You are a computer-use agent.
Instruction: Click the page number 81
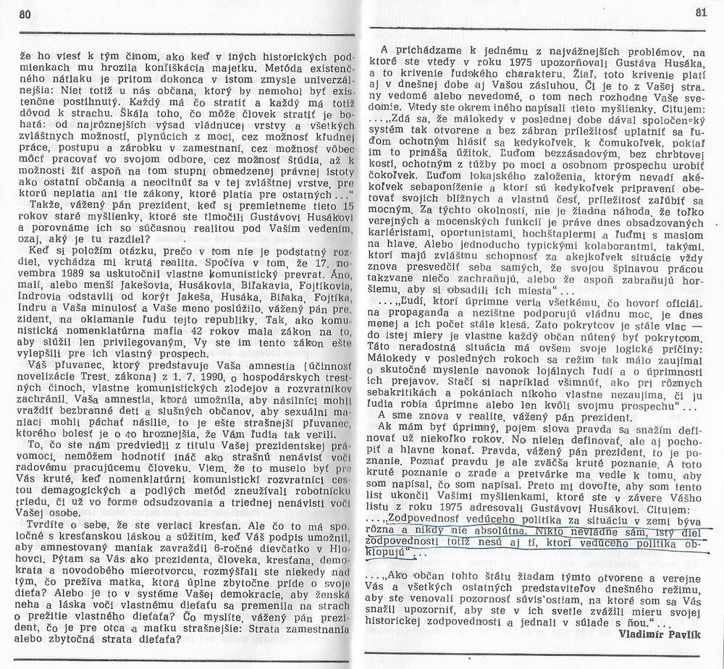point(700,12)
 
